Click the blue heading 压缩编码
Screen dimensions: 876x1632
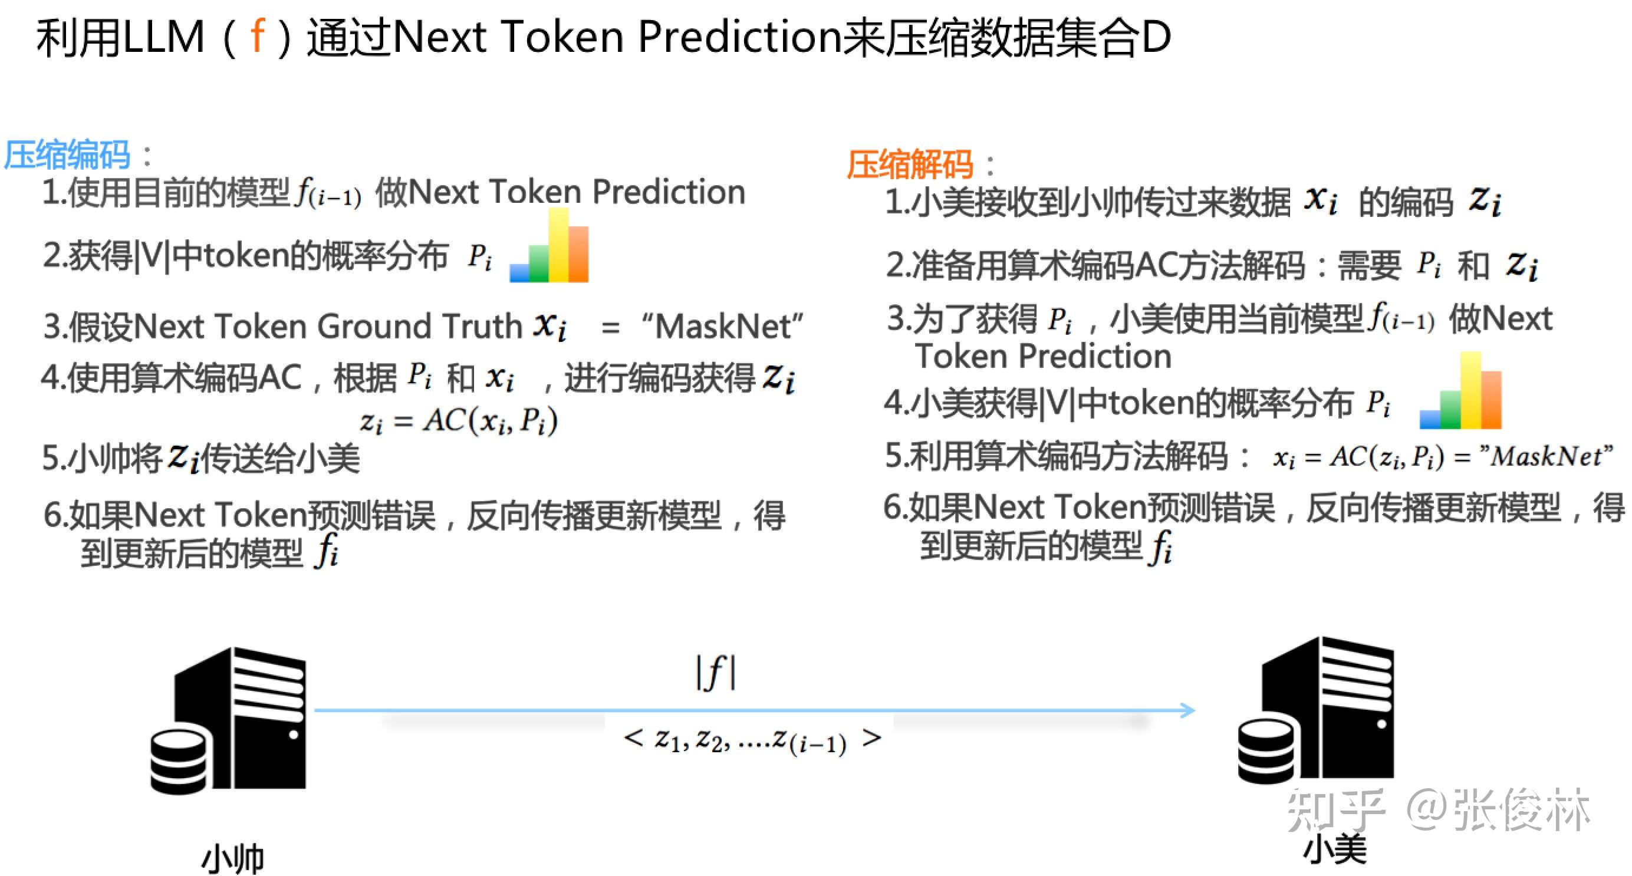coord(67,154)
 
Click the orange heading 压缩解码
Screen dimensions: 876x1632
coord(910,164)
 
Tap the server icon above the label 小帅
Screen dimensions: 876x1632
coord(241,719)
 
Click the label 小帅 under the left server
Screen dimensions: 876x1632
coord(232,858)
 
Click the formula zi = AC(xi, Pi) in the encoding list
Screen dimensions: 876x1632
coord(459,420)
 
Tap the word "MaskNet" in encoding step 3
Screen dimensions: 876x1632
coord(722,327)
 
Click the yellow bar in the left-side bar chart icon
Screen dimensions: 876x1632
coord(558,246)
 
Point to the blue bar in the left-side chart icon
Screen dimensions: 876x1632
coord(519,272)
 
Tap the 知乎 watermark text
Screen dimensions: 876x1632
coord(1334,809)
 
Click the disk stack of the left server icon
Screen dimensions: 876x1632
coord(179,760)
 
